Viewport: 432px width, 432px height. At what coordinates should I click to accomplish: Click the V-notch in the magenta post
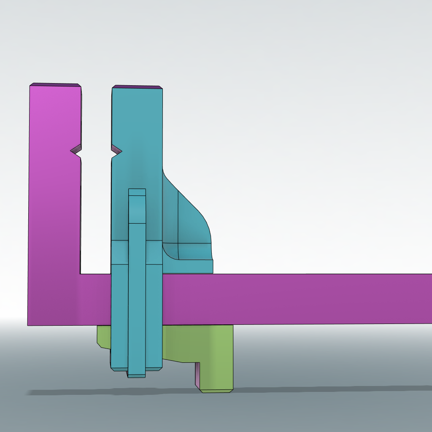tap(76, 150)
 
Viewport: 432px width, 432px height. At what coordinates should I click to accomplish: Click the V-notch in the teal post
tap(116, 150)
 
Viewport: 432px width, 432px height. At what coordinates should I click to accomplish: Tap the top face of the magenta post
tap(55, 85)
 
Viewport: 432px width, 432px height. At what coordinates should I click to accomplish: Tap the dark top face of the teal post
tap(137, 87)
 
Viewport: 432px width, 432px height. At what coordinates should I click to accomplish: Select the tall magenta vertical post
tap(54, 190)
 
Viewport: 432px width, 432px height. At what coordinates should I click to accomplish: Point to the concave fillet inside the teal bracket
tap(169, 252)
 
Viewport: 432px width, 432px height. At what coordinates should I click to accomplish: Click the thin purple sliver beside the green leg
tap(197, 375)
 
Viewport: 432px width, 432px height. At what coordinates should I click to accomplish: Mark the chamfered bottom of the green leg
tap(216, 391)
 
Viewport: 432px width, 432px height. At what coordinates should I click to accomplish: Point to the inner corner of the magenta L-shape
tap(81, 274)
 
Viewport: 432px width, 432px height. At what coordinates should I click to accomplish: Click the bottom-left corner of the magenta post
tap(29, 324)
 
